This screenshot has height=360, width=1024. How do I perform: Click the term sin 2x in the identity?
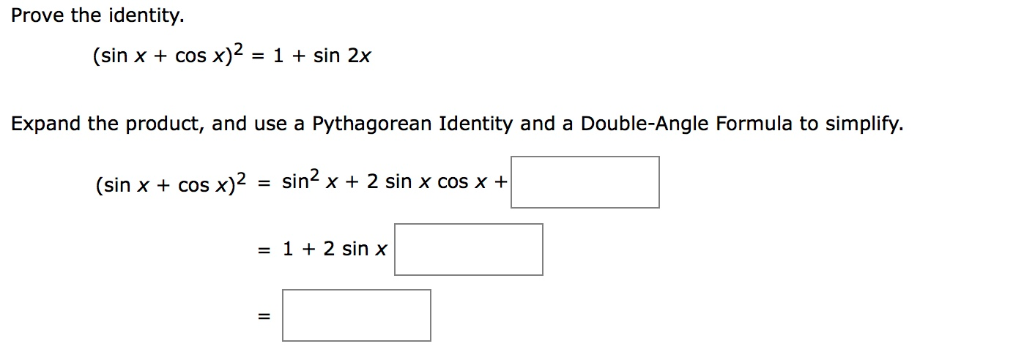point(343,57)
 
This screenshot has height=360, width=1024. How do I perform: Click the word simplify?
point(861,125)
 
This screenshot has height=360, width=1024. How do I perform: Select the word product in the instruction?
point(164,125)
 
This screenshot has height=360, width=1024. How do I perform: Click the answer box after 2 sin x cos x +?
point(585,183)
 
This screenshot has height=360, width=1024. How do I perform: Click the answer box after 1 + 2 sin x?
point(469,250)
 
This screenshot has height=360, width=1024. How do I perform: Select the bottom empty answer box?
point(357,316)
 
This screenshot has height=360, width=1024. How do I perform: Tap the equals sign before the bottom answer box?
point(264,317)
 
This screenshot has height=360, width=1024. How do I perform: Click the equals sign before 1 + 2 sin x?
point(264,250)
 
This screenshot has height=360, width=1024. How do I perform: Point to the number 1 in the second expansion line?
point(287,250)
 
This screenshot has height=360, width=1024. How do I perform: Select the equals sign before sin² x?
point(264,184)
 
